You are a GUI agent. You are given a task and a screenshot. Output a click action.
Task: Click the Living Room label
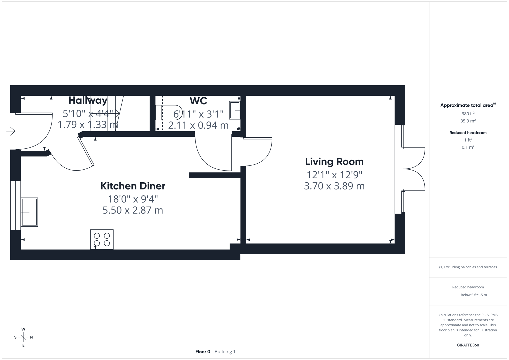(334, 162)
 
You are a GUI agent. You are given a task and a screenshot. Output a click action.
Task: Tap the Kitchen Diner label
(133, 186)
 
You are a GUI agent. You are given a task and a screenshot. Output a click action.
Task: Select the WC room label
(198, 101)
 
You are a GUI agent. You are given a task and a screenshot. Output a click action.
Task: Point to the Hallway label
(88, 100)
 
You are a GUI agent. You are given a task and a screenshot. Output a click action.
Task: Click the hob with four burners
(102, 239)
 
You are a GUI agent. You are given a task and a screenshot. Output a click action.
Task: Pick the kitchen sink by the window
(29, 212)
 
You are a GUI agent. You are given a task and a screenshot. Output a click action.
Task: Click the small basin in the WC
(235, 110)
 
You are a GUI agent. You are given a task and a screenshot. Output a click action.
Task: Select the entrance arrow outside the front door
(11, 131)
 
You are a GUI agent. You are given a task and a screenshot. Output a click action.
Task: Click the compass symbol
(23, 337)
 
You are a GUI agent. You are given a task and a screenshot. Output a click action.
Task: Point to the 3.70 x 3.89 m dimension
(334, 186)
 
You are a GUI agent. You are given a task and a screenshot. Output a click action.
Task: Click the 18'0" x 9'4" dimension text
(133, 199)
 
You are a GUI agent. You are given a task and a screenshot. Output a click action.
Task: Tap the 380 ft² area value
(468, 114)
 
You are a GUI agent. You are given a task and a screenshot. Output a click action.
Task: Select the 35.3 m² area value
(468, 121)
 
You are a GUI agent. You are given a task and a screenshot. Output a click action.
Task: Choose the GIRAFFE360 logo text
(468, 345)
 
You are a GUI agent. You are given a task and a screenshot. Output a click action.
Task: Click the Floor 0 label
(203, 352)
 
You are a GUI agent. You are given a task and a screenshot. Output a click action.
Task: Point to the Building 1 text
(225, 352)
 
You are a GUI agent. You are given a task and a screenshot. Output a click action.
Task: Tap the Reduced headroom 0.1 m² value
(468, 147)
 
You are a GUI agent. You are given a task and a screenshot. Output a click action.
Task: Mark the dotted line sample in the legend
(453, 295)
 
